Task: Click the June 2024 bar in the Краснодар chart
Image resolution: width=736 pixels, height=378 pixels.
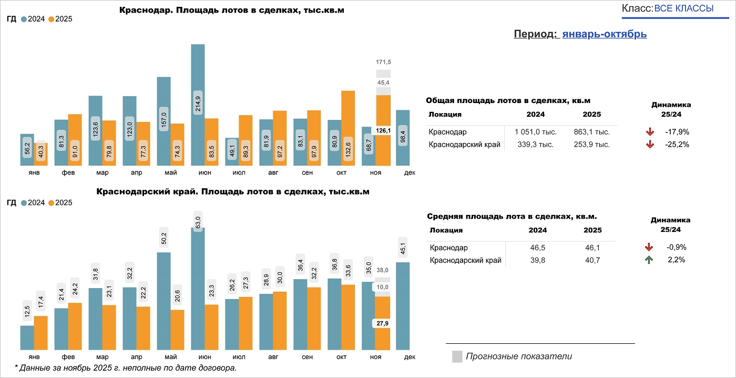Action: [198, 105]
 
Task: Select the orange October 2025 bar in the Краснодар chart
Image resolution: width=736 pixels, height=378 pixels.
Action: [348, 129]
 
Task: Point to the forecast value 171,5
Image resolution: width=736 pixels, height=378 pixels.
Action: [383, 63]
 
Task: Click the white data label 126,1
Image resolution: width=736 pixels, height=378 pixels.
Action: [383, 130]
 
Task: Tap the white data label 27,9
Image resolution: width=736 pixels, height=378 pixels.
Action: [382, 323]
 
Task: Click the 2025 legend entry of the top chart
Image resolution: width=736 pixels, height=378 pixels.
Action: [60, 19]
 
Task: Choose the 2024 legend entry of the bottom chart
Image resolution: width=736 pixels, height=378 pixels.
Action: [33, 202]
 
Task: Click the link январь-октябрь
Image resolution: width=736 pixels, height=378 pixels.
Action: [604, 34]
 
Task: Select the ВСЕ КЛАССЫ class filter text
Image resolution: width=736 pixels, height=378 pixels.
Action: [684, 8]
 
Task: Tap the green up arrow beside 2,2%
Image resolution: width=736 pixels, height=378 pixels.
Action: [649, 260]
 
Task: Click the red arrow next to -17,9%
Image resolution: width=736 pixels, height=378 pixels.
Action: [649, 132]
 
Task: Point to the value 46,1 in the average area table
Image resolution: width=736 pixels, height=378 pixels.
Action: [592, 248]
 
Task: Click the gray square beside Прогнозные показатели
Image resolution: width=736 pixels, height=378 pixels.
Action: [457, 356]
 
